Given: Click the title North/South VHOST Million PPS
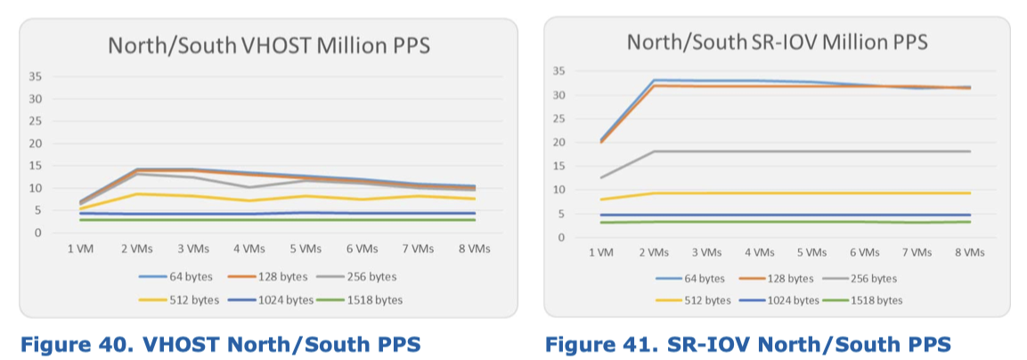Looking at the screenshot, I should pyautogui.click(x=268, y=45).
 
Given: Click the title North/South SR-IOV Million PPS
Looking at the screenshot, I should pyautogui.click(x=777, y=42).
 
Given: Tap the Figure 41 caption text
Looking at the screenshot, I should pyautogui.click(x=747, y=343).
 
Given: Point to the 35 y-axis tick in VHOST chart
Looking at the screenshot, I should pyautogui.click(x=37, y=76).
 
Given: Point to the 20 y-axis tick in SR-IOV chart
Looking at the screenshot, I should pyautogui.click(x=558, y=143).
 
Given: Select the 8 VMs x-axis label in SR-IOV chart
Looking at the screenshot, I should pyautogui.click(x=969, y=252).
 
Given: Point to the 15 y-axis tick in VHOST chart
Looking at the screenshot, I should pyautogui.click(x=37, y=166).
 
